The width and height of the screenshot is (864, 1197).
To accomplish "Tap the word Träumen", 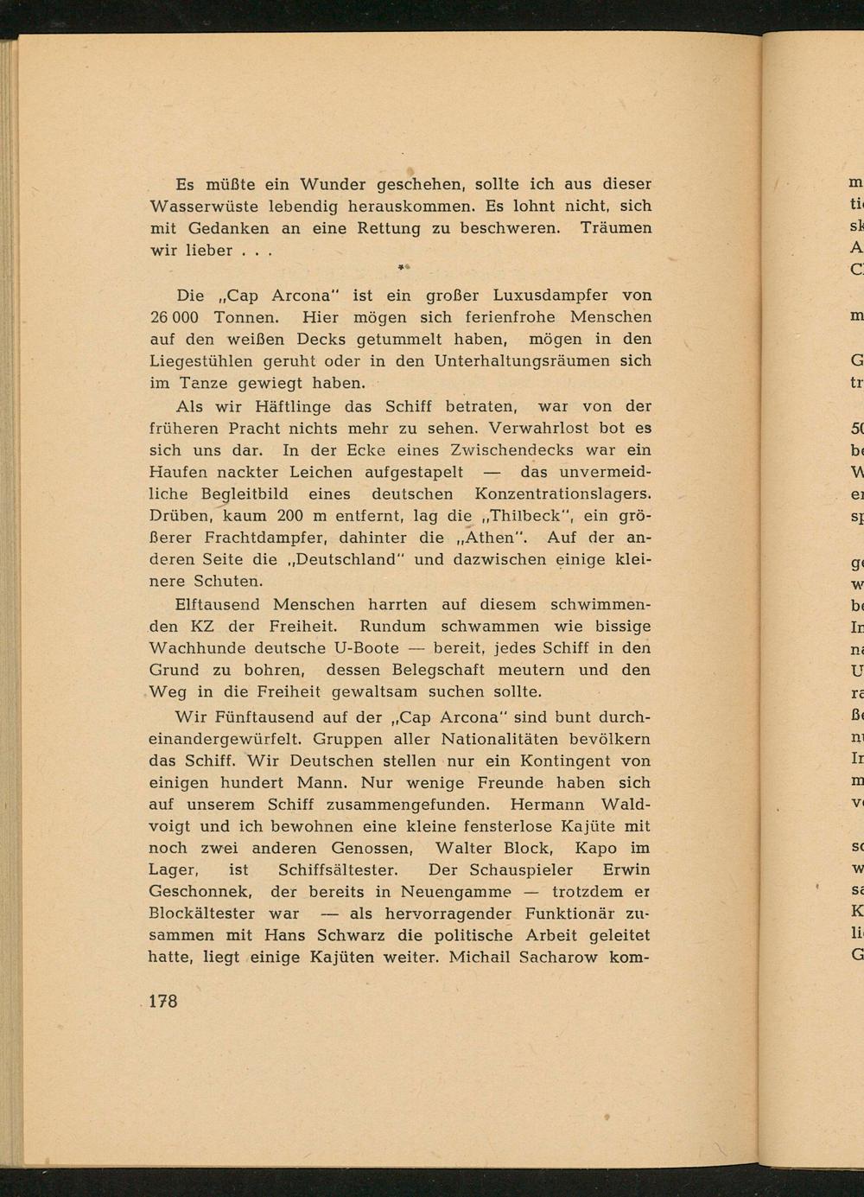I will (x=616, y=229).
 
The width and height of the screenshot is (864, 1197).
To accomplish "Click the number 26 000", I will (x=175, y=317).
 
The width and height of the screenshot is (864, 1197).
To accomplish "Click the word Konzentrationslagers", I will (x=562, y=494).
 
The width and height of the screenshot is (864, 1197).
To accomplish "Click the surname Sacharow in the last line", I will (x=540, y=958).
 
